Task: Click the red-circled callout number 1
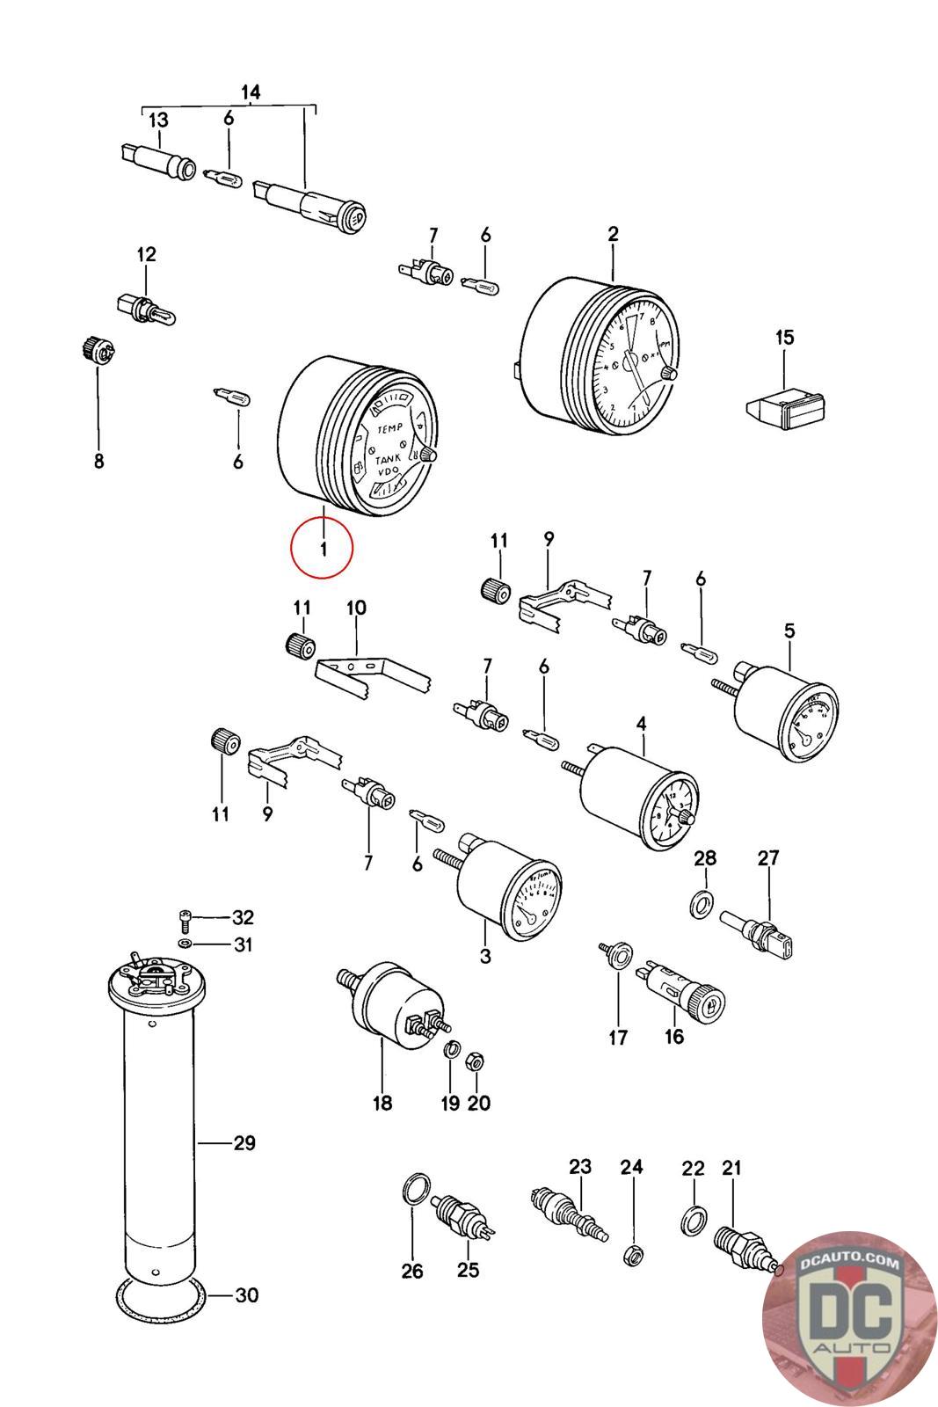[x=323, y=549]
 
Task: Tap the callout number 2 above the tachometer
[x=613, y=234]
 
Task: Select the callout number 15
[x=784, y=337]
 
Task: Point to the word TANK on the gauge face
[x=388, y=460]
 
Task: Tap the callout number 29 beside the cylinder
[x=244, y=1143]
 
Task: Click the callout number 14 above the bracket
[x=251, y=92]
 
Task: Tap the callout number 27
[x=768, y=857]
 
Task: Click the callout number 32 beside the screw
[x=243, y=918]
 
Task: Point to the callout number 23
[x=580, y=1167]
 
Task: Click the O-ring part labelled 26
[x=417, y=1192]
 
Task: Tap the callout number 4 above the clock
[x=641, y=724]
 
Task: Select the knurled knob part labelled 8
[x=92, y=350]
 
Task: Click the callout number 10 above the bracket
[x=356, y=608]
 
